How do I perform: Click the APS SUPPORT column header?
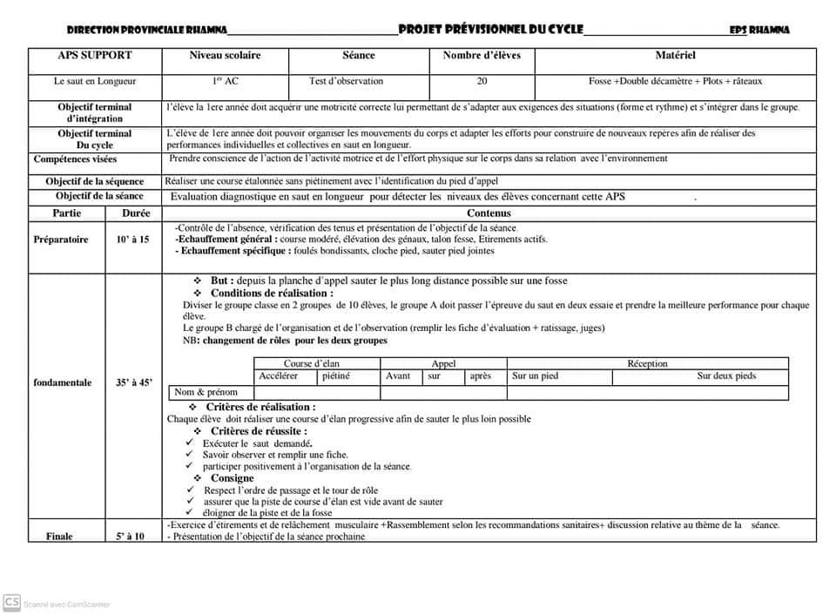pyautogui.click(x=95, y=56)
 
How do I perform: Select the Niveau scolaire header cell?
pyautogui.click(x=225, y=56)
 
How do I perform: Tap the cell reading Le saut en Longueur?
pyautogui.click(x=95, y=81)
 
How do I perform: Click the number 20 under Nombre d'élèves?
pyautogui.click(x=482, y=81)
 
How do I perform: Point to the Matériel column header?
pyautogui.click(x=675, y=56)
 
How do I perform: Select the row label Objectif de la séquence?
pyautogui.click(x=95, y=181)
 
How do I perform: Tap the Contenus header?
pyautogui.click(x=489, y=213)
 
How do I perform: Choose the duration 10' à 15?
pyautogui.click(x=132, y=239)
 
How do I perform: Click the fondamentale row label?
pyautogui.click(x=63, y=382)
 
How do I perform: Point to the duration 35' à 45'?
pyautogui.click(x=133, y=382)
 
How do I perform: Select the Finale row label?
pyautogui.click(x=59, y=537)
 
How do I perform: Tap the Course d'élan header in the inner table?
pyautogui.click(x=311, y=363)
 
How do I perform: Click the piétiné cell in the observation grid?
pyautogui.click(x=336, y=376)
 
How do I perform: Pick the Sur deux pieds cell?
pyautogui.click(x=726, y=376)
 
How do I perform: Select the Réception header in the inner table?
pyautogui.click(x=647, y=363)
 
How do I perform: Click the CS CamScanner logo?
pyautogui.click(x=12, y=602)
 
